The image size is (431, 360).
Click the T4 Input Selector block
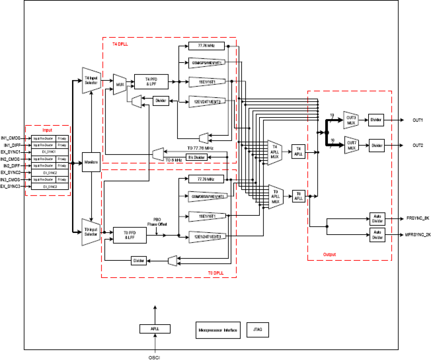pos(91,81)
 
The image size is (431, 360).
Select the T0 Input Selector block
pos(91,232)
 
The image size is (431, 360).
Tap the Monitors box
pos(91,162)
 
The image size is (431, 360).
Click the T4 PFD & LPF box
pos(151,82)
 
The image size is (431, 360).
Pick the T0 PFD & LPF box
pos(130,235)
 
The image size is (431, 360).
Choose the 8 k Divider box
pos(197,157)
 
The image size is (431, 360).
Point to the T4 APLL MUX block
pos(275,152)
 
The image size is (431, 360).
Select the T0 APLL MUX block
pos(276,197)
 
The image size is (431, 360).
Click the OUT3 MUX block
pos(351,120)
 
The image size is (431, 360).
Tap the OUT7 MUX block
pos(351,145)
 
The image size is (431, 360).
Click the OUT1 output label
pos(418,120)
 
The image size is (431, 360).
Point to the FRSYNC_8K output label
pos(418,218)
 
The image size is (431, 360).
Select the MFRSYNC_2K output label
pos(418,235)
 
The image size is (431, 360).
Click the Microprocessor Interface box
pos(218,330)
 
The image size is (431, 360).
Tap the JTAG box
pos(257,329)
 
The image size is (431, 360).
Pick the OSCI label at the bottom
pos(154,358)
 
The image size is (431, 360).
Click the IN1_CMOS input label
pos(10,138)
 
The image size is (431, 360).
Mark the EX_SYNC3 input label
pos(10,187)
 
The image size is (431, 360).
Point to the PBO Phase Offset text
pos(157,222)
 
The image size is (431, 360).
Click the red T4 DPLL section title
pos(120,44)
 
